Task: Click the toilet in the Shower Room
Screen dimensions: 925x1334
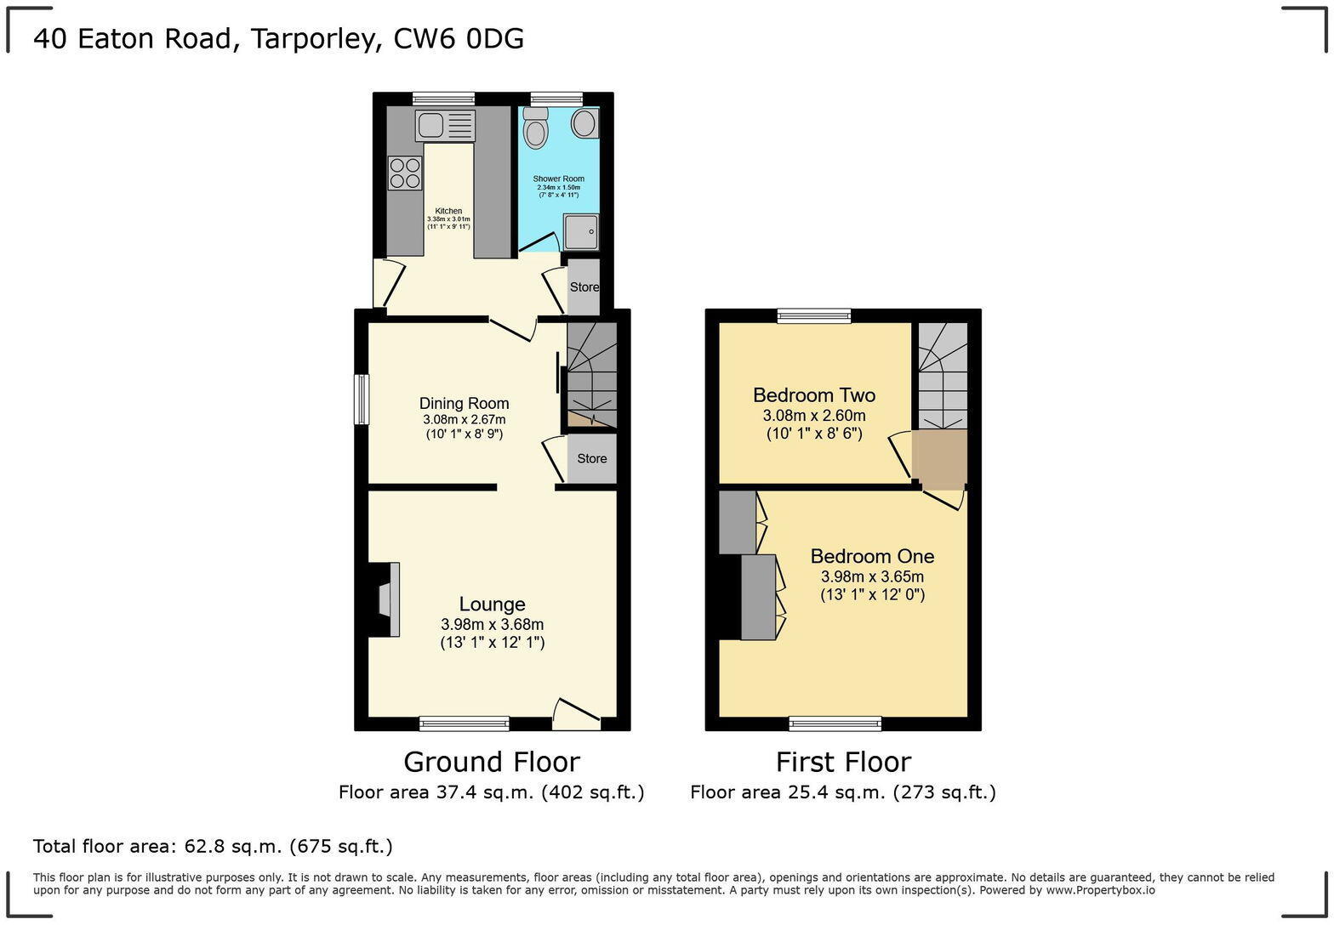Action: coord(535,130)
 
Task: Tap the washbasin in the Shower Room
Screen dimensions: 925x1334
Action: coord(584,123)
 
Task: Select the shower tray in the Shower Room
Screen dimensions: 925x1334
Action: coord(581,230)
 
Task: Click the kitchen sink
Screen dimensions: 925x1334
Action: coord(445,126)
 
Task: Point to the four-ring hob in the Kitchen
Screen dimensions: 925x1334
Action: coord(405,173)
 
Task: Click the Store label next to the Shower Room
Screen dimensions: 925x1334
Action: coord(584,287)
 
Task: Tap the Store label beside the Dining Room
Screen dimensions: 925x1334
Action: coord(592,459)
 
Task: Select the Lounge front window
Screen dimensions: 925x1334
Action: coord(464,724)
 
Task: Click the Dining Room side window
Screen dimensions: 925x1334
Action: coord(362,399)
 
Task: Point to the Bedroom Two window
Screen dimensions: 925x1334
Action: coord(814,316)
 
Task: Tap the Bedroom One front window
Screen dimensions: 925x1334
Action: coord(835,724)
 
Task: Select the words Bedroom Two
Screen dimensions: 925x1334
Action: coord(813,395)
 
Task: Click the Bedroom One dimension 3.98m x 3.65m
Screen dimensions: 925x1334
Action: coord(872,576)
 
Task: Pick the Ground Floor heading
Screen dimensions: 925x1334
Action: coord(491,761)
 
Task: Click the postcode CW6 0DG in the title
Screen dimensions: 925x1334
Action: coord(459,39)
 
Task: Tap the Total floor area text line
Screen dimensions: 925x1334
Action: coord(213,846)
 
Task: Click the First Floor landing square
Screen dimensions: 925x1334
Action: coord(940,458)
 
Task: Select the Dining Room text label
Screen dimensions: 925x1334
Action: coord(464,404)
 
